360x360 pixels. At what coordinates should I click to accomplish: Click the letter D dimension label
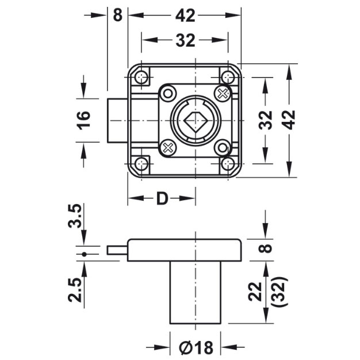click(162, 198)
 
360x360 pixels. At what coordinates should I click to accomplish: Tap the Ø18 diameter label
click(196, 347)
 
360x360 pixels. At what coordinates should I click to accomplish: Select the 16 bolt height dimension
click(83, 120)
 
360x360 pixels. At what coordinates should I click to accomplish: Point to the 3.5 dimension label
click(75, 216)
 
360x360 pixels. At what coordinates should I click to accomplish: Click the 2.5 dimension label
click(75, 290)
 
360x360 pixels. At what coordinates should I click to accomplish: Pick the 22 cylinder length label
click(255, 292)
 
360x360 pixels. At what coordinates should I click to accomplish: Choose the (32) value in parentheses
click(279, 292)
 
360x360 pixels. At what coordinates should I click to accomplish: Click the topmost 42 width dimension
click(185, 16)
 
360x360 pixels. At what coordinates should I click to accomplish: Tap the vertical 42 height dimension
click(290, 120)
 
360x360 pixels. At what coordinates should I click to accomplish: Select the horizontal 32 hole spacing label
click(185, 40)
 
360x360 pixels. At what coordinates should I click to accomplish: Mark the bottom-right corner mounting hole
click(228, 164)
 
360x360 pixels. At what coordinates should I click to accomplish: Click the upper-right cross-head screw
click(222, 93)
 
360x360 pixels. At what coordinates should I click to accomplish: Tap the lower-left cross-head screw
click(168, 148)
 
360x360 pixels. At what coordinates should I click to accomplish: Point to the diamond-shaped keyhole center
click(196, 120)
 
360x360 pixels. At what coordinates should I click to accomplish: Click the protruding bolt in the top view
click(117, 121)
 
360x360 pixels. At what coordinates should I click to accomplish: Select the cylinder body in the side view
click(195, 292)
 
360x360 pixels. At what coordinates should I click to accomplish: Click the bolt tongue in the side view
click(117, 250)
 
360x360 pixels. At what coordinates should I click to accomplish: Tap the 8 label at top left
click(118, 16)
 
